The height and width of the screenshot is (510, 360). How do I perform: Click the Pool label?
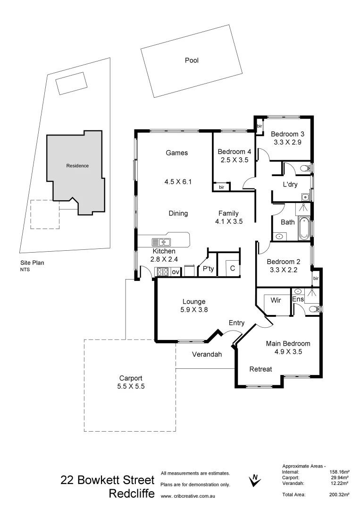point(192,60)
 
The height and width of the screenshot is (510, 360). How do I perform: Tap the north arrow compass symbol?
point(255,480)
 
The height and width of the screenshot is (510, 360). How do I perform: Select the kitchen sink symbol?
point(161,242)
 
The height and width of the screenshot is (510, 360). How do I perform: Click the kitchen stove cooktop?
point(163,272)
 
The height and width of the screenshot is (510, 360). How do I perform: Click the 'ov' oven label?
point(176,272)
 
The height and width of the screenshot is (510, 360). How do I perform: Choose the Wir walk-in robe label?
point(276,300)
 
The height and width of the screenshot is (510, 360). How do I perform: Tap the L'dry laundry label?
point(290,185)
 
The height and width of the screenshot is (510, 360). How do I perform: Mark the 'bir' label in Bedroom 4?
point(221,187)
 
